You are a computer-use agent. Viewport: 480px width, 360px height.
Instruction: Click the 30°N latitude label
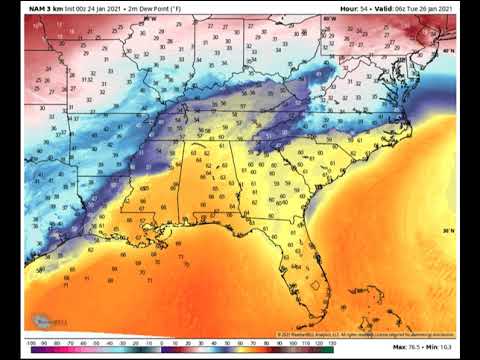pyautogui.click(x=447, y=232)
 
